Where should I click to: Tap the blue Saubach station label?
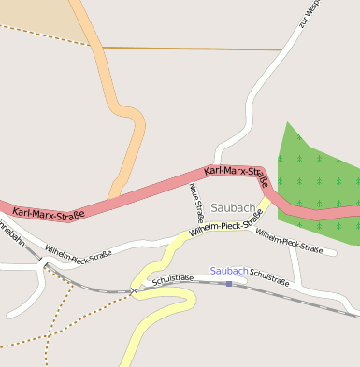(x=229, y=271)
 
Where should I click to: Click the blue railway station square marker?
(x=229, y=283)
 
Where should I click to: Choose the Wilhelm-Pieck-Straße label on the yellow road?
(x=225, y=224)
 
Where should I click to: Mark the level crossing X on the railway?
(x=135, y=291)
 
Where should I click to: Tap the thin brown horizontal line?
(x=187, y=48)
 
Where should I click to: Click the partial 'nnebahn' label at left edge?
(x=11, y=234)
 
